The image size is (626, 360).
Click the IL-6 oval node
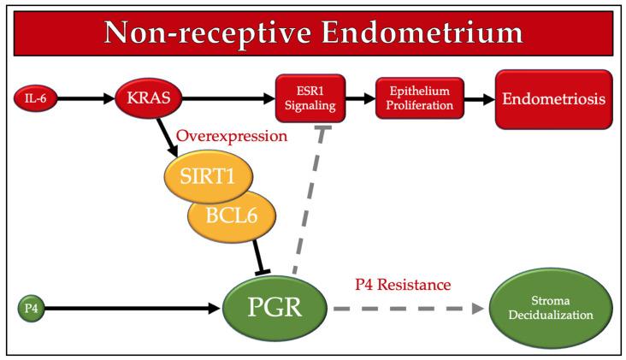tap(36, 98)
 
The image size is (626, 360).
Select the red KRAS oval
tap(149, 97)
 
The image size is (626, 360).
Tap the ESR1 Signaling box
tap(310, 98)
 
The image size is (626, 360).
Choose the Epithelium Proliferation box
tap(420, 98)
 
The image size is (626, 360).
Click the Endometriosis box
tap(554, 99)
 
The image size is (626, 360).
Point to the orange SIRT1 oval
tap(209, 176)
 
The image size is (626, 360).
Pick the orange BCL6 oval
tap(232, 216)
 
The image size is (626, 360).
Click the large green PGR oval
tap(275, 308)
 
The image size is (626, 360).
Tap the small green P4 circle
tap(31, 309)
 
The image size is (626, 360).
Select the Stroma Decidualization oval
tap(551, 308)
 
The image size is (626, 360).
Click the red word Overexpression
tap(232, 136)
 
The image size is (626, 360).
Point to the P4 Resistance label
tap(403, 285)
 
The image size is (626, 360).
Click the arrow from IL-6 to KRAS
tap(86, 98)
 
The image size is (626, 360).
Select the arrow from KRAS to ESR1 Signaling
tap(228, 98)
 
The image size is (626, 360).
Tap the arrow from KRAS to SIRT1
tap(168, 138)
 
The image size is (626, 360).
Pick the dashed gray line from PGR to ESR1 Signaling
tap(308, 199)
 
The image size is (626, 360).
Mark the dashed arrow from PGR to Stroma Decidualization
tap(409, 309)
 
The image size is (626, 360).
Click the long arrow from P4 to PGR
tap(133, 309)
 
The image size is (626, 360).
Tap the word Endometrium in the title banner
tap(422, 32)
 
